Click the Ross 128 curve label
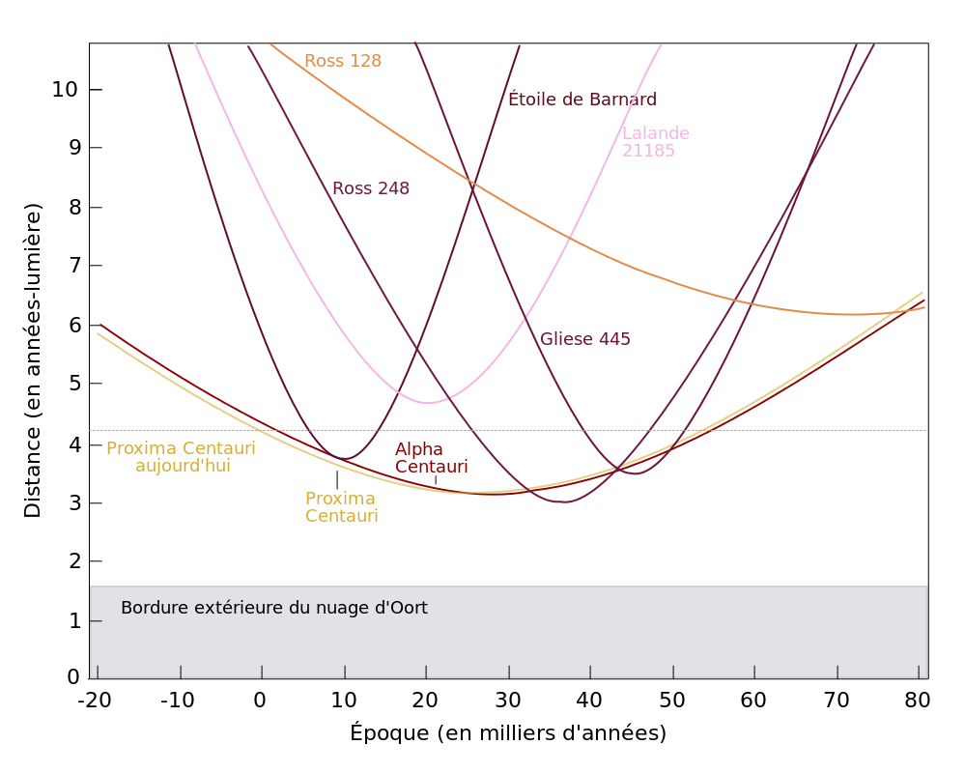click(343, 62)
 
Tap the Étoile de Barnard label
click(582, 100)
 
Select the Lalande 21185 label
click(655, 142)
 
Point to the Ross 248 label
click(371, 188)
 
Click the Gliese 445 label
click(585, 339)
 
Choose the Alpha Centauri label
click(431, 458)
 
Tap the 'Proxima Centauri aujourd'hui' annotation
click(182, 457)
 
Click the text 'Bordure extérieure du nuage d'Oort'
click(274, 608)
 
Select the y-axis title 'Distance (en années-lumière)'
click(33, 359)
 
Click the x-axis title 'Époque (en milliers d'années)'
click(508, 733)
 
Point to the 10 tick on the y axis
click(64, 90)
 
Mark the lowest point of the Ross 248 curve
click(562, 502)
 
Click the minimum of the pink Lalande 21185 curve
click(427, 403)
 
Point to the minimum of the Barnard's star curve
click(344, 458)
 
